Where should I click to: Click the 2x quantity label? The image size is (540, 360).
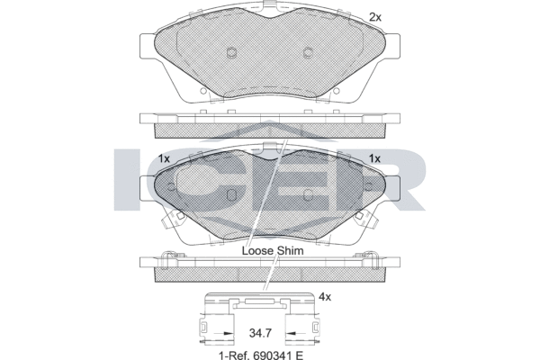tap(375, 17)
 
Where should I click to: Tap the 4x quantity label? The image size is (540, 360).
tap(325, 296)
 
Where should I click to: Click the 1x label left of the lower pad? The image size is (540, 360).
tap(164, 158)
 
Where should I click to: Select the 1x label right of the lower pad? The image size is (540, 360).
tap(374, 158)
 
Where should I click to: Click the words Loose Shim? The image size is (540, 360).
tap(273, 250)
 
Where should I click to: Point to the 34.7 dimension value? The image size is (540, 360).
tap(260, 333)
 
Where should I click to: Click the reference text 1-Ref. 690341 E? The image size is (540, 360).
tap(261, 355)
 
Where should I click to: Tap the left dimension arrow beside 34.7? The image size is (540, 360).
tap(223, 334)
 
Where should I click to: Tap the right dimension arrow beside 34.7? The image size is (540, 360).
tap(296, 334)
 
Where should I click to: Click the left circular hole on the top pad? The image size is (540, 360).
tap(231, 51)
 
